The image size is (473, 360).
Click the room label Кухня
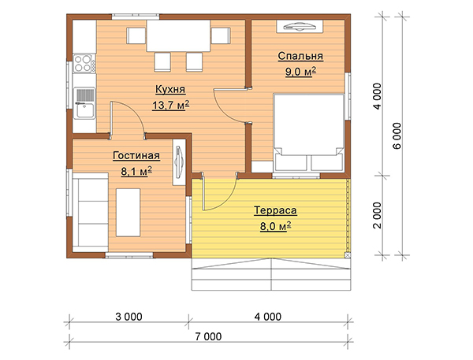pos(170,90)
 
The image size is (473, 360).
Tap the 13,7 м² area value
pos(171,106)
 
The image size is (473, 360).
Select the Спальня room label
pos(300,56)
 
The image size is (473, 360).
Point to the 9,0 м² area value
pos(301,72)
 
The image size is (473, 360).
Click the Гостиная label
pos(136,155)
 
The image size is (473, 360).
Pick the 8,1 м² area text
pos(136,171)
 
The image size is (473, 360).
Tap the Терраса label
pos(275,210)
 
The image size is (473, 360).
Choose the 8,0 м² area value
pos(276,226)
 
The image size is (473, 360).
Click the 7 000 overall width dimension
pos(208,336)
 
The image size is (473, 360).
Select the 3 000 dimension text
pos(128,317)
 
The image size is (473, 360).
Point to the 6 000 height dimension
pos(397,135)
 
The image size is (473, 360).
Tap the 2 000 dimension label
pos(378,215)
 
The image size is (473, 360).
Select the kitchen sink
pos(84,103)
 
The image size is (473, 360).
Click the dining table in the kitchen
pos(179,35)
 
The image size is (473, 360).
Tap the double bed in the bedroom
pos(308,132)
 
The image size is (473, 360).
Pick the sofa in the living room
pos(90,212)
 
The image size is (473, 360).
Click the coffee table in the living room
pos(128,213)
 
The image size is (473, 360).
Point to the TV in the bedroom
pos(300,27)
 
